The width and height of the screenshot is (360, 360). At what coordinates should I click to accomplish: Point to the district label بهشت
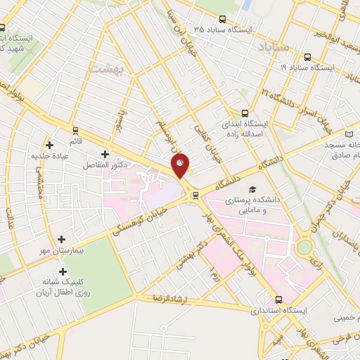pos(108,67)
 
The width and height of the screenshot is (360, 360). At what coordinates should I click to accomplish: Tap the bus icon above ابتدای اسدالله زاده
pos(245,112)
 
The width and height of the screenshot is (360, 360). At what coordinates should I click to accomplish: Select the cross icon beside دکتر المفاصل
pos(105,154)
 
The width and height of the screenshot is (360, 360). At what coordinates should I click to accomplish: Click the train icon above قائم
pos(76,129)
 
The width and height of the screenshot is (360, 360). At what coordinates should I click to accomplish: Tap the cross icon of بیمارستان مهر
pos(63,240)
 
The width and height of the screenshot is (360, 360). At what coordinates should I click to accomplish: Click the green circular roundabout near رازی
pos(304,247)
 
